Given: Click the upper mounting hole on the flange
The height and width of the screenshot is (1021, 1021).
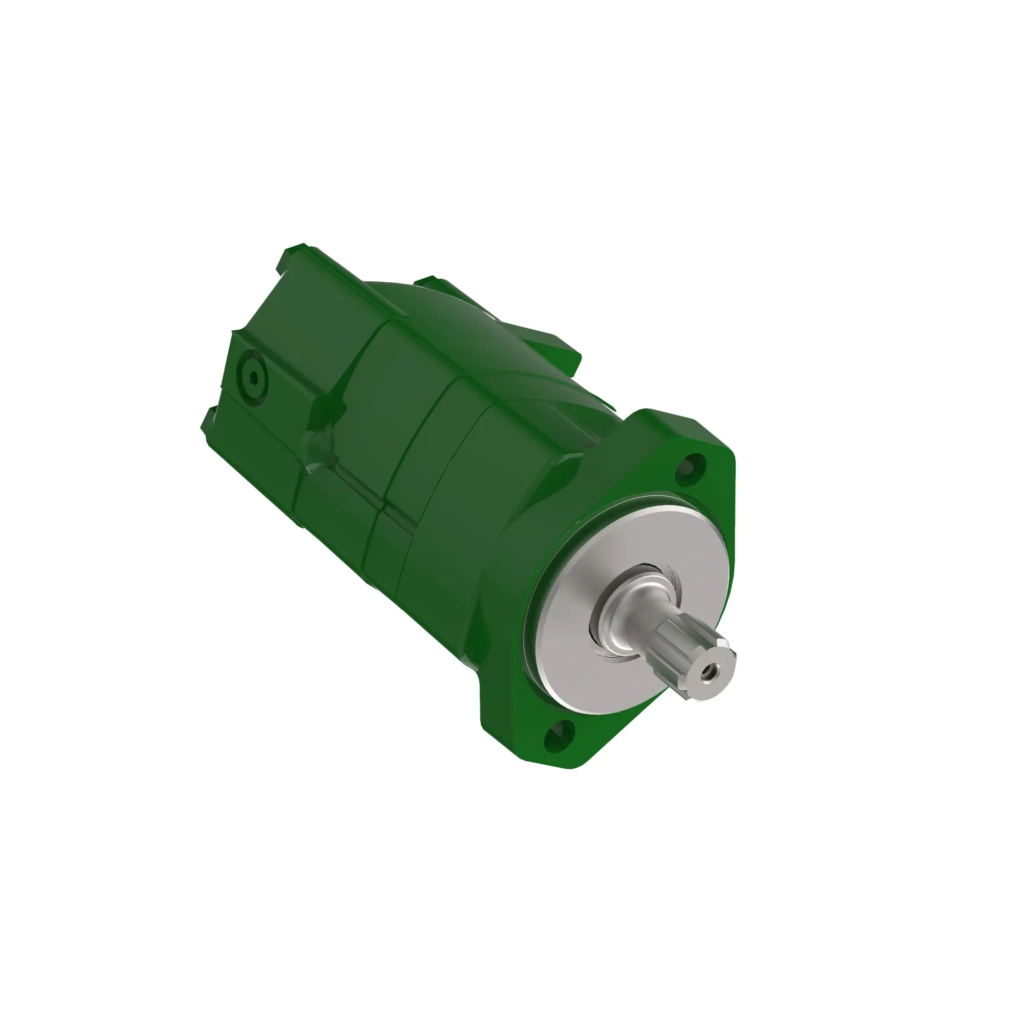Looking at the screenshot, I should click(693, 466).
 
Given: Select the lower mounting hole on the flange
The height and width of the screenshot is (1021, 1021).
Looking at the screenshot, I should click(556, 736).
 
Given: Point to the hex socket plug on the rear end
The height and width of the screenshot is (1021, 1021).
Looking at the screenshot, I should click(253, 378).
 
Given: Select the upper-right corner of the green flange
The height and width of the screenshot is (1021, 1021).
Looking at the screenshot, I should click(724, 449).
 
